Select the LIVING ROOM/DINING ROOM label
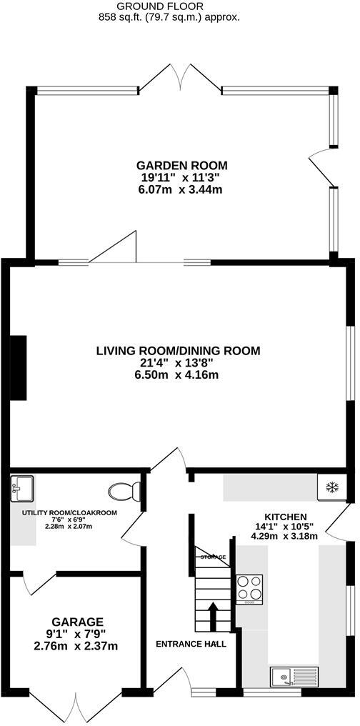(x=179, y=351)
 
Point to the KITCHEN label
(x=286, y=517)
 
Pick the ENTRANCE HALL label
(x=191, y=644)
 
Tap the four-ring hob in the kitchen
(x=249, y=590)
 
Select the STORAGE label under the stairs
(x=212, y=557)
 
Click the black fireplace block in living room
(x=18, y=368)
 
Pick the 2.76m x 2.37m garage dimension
(x=77, y=646)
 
